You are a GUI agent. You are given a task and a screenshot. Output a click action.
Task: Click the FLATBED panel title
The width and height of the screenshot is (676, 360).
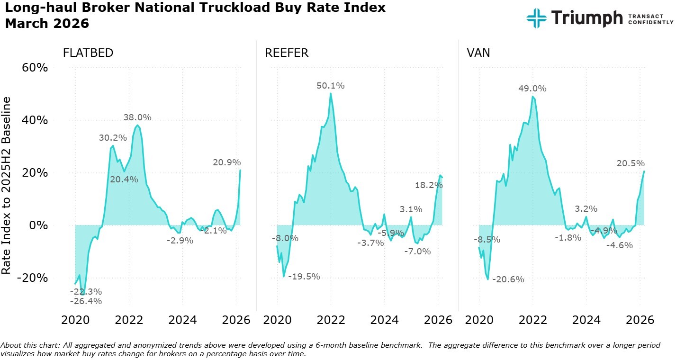click(x=88, y=53)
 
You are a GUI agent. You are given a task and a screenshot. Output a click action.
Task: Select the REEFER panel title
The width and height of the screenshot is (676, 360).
click(x=287, y=53)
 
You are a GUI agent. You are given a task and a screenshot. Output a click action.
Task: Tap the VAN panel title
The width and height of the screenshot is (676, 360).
click(x=478, y=53)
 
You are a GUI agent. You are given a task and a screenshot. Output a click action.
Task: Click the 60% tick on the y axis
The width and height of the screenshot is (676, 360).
click(x=35, y=68)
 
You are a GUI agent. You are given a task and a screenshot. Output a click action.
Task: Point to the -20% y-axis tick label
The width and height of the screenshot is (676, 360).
click(x=33, y=278)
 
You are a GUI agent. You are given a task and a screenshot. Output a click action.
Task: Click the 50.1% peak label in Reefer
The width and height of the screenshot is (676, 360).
click(x=331, y=86)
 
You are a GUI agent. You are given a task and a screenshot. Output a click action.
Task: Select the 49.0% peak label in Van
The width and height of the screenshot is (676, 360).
click(x=532, y=89)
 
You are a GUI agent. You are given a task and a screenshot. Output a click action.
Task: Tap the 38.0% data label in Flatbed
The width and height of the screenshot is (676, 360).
click(x=137, y=117)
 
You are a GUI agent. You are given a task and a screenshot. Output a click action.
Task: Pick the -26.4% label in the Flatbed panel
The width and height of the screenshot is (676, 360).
click(x=86, y=301)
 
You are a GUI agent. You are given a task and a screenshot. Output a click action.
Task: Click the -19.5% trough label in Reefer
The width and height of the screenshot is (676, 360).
click(x=304, y=277)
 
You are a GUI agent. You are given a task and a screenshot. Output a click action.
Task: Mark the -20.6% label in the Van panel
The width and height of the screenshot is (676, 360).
click(x=508, y=279)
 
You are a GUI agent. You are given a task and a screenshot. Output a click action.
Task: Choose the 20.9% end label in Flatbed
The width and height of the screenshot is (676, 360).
click(x=227, y=162)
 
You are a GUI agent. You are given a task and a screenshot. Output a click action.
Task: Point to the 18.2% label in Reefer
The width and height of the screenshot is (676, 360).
click(x=428, y=185)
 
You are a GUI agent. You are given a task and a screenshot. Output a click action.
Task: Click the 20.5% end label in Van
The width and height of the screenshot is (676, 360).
click(x=631, y=163)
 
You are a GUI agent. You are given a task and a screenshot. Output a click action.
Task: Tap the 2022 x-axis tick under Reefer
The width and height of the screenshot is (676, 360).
click(x=331, y=320)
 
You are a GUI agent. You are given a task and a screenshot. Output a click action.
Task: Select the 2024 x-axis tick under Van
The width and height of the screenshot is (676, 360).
click(x=586, y=320)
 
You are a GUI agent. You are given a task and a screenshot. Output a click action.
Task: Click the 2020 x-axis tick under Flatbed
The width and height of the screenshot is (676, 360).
click(x=75, y=320)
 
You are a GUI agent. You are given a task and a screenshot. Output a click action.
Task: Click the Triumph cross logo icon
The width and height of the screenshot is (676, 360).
click(x=536, y=18)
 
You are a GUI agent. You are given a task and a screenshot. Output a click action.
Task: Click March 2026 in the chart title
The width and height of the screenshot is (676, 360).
click(x=47, y=23)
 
